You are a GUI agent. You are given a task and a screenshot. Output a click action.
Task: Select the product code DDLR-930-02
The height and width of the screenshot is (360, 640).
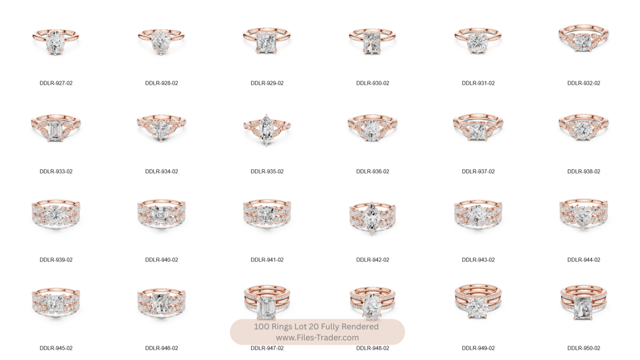(373, 83)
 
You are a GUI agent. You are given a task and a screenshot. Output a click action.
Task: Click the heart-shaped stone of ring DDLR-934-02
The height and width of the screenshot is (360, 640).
(161, 130)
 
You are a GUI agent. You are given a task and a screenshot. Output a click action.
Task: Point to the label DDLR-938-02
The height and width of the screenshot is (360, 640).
(584, 171)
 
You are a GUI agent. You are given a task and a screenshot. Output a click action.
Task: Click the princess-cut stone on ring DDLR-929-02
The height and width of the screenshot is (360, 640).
(266, 43)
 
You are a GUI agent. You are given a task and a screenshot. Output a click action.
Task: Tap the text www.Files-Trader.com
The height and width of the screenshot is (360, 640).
(317, 338)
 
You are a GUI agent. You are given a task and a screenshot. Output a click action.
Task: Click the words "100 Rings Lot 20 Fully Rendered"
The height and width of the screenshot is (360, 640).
(316, 327)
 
